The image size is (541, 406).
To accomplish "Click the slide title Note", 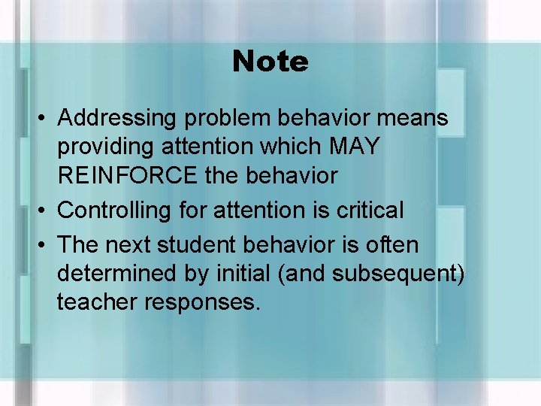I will click(x=270, y=62).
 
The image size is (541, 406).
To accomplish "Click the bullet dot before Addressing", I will click(x=45, y=119).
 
